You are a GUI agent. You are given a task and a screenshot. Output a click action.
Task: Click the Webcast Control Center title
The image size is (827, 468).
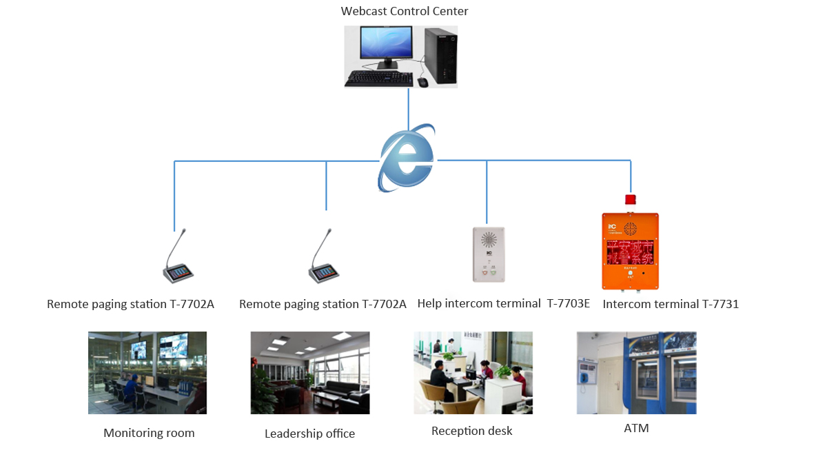coord(405,11)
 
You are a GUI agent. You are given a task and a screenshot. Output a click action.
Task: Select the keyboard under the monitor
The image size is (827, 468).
coord(379,79)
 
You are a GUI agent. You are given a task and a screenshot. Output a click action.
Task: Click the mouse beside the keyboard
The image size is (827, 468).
coord(422,82)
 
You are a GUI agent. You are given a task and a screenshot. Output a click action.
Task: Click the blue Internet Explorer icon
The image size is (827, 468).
coord(407,159)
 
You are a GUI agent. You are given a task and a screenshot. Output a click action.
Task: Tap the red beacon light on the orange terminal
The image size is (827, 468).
coord(630,200)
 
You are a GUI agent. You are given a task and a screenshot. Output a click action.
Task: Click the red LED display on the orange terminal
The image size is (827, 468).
coord(630,253)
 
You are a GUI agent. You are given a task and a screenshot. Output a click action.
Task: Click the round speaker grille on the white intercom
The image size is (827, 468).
coord(489,240)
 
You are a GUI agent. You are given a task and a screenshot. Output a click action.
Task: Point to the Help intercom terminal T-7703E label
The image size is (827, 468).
coord(503,303)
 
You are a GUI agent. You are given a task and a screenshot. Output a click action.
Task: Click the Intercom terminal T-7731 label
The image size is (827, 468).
coord(671,303)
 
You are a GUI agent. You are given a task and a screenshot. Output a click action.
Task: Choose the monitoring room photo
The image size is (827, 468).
coord(147,373)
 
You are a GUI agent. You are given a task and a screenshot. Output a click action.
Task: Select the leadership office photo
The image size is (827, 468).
coord(309,373)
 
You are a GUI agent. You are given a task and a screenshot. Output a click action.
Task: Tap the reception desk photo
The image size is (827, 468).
coord(473,373)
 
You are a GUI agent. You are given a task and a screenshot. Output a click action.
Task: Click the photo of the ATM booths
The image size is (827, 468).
coord(636,373)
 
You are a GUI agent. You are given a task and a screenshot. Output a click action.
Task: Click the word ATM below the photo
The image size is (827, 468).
coord(636,428)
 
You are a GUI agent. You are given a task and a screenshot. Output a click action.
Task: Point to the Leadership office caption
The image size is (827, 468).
coord(309,434)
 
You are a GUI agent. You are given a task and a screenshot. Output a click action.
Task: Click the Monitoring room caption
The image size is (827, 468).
coord(149,433)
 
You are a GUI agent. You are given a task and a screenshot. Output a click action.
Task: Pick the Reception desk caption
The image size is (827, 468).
coord(472,431)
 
